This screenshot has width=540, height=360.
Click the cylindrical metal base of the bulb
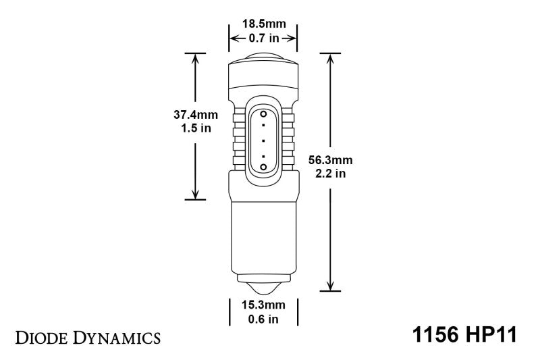tap(263, 236)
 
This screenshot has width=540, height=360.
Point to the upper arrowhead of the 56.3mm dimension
tap(330, 58)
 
